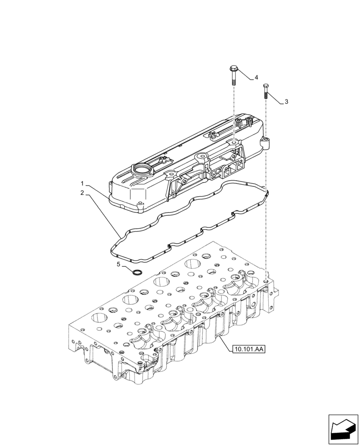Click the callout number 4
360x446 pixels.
click(257, 78)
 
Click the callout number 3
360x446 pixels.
click(286, 102)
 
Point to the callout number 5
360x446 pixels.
click(119, 264)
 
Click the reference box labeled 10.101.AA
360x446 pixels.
click(248, 349)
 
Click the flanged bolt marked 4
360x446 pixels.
click(234, 74)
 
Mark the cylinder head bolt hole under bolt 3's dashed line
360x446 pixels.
click(266, 282)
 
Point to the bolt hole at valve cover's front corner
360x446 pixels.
click(141, 204)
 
